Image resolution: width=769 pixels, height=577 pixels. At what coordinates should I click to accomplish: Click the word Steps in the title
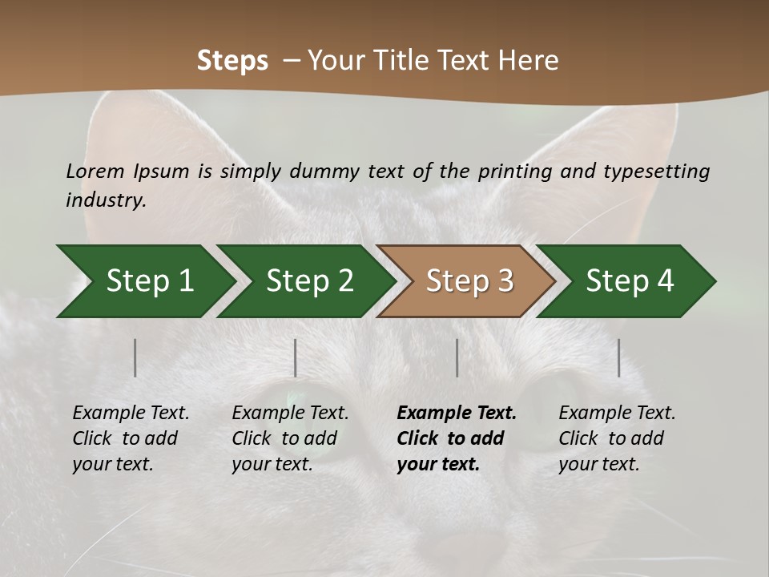[x=232, y=61]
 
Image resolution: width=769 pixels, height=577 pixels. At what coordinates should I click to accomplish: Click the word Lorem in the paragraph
[x=95, y=171]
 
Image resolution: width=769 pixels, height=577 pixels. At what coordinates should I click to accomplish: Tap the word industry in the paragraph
[x=106, y=200]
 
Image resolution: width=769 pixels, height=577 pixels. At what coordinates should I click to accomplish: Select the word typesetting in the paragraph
[x=656, y=171]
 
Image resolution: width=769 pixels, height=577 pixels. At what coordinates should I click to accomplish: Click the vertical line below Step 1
[x=135, y=357]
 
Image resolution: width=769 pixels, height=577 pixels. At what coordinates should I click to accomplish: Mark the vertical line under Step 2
[x=296, y=357]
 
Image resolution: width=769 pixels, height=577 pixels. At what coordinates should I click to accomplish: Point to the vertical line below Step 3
[x=457, y=357]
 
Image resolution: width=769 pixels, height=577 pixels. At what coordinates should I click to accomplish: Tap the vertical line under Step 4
[x=619, y=357]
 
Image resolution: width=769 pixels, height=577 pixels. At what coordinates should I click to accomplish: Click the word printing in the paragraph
[x=517, y=171]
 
